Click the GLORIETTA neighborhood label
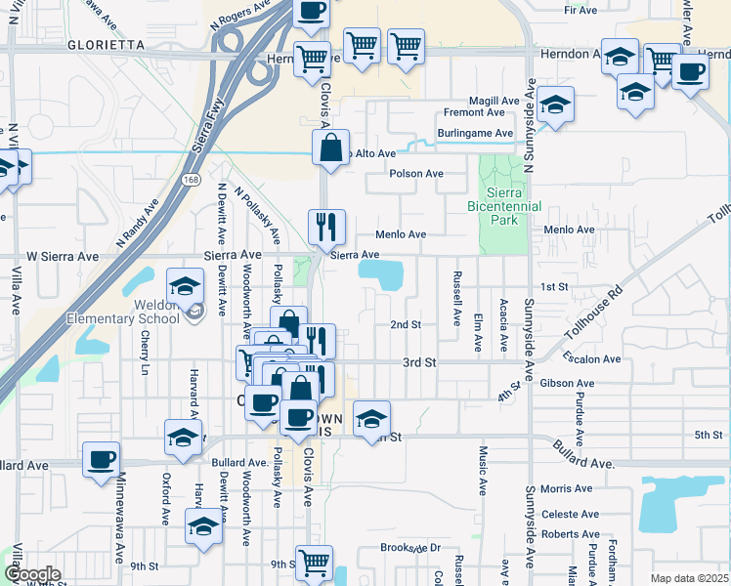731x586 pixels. point(107,46)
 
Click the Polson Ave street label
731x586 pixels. point(415,174)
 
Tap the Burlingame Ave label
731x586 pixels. point(476,133)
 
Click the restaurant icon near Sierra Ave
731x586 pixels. point(326,227)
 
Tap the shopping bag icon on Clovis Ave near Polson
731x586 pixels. point(331,148)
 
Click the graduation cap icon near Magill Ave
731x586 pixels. point(555,104)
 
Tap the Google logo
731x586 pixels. point(31,574)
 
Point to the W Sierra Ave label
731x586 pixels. point(63,256)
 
